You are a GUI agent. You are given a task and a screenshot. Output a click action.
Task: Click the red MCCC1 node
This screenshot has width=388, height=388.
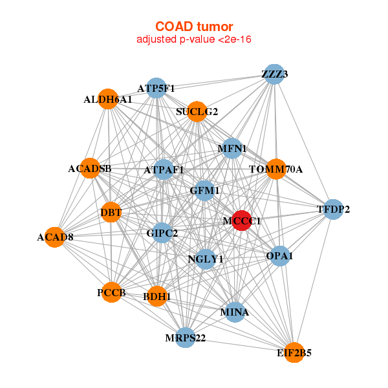point(242,221)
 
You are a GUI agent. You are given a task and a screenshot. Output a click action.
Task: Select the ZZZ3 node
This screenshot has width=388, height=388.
point(274,74)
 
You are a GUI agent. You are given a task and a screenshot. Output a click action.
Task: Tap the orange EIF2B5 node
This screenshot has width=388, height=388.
point(294,352)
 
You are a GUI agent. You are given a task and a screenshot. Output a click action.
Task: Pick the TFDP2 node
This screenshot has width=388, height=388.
point(333,210)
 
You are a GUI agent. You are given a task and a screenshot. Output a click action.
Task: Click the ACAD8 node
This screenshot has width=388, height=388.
point(55,237)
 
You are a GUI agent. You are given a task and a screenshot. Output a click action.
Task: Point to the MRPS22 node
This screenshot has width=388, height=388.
point(186,338)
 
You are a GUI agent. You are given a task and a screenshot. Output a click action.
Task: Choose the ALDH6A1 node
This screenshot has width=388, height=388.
point(108,99)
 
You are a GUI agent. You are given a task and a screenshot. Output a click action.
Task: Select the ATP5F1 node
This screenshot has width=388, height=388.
point(156,88)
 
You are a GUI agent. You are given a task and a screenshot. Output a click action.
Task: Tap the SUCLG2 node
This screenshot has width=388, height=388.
point(197,112)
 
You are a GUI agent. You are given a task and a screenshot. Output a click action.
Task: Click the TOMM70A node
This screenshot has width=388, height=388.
point(276,169)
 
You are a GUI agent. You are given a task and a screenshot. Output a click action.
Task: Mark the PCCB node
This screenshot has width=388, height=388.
point(112,292)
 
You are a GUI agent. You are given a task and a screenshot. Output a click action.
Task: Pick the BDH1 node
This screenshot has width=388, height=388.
point(157,296)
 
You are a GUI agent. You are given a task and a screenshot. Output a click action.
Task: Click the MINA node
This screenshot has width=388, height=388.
point(235,312)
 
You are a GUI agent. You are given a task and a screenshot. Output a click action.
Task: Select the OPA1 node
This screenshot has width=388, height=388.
point(280,256)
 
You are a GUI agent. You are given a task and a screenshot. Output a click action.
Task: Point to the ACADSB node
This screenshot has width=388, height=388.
point(90,168)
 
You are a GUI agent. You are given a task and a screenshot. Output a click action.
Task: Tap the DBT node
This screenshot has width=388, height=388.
point(111,212)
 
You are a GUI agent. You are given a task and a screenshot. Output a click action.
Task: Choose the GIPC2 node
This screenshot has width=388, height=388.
point(162,233)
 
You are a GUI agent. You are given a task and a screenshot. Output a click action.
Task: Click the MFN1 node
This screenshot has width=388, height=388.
point(232,149)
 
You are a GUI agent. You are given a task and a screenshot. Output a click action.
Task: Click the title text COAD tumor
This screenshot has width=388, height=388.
point(194,27)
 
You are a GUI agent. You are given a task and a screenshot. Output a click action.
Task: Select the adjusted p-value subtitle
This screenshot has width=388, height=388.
point(194,39)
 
